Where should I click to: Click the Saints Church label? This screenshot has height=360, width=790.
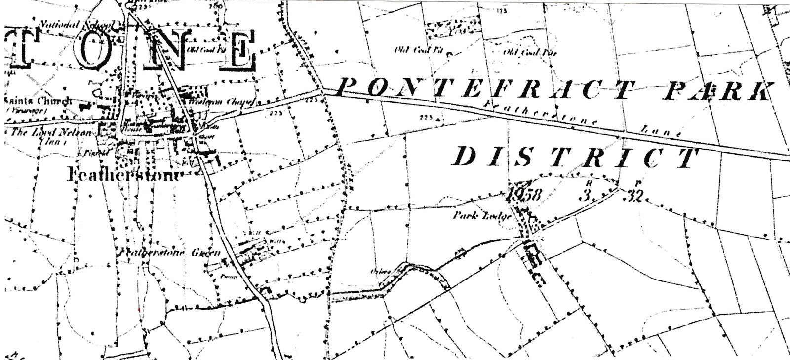click(x=37, y=101)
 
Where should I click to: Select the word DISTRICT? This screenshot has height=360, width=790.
click(x=575, y=157)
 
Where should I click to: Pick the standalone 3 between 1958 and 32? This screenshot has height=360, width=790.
click(x=586, y=196)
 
